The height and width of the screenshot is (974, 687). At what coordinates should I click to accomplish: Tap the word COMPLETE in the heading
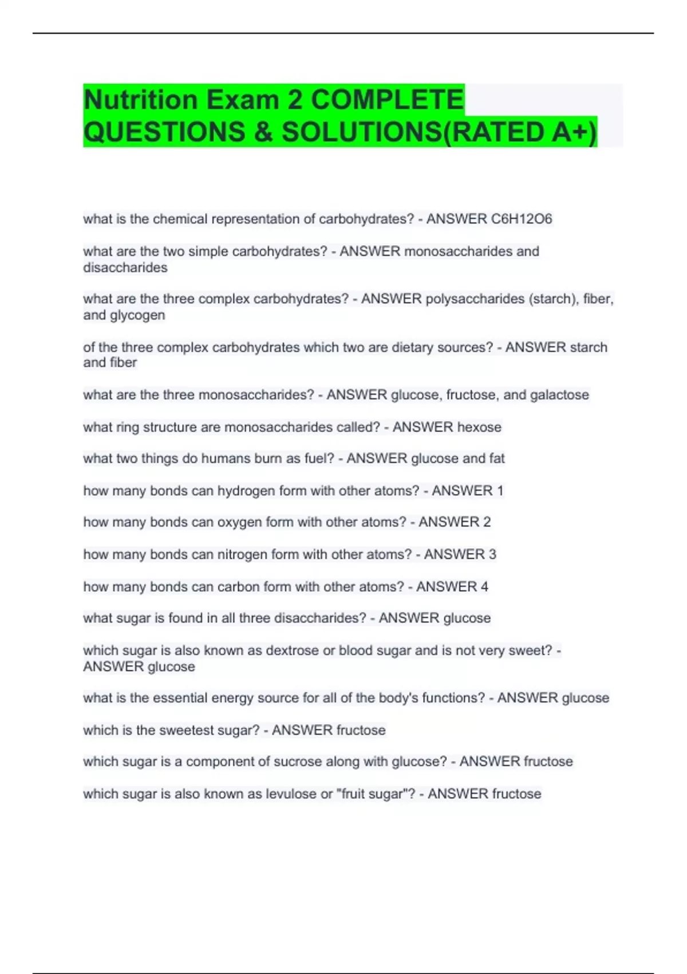tap(387, 100)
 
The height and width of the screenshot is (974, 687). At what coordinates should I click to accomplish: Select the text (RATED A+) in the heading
tap(520, 132)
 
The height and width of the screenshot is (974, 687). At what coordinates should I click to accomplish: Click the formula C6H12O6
tap(522, 219)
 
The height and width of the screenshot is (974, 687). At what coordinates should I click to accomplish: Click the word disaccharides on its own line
tap(125, 268)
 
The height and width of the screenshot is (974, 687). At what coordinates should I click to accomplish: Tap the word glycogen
tap(138, 315)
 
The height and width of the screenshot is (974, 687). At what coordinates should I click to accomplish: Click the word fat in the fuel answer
tap(497, 458)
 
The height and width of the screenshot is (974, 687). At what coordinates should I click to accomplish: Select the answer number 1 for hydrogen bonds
tap(500, 490)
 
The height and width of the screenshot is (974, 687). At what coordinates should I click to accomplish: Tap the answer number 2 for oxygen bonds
tap(487, 522)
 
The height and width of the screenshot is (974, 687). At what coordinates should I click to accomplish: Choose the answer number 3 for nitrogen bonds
tap(492, 554)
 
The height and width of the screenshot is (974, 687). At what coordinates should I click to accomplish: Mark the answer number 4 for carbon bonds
tap(484, 587)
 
